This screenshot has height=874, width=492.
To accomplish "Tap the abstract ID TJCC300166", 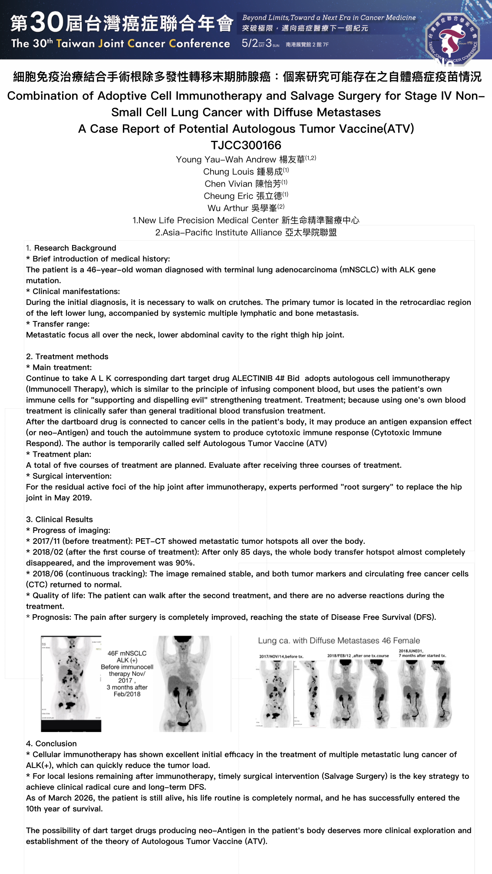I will [246, 145].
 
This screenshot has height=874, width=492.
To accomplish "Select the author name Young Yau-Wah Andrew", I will [226, 159].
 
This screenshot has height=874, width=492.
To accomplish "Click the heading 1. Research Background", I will [71, 248].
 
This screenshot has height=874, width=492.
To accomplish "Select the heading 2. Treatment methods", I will [67, 357].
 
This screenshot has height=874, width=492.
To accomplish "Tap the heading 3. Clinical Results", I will [59, 520].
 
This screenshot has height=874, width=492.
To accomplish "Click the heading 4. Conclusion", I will [51, 744].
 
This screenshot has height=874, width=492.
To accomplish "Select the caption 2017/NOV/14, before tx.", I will [281, 656].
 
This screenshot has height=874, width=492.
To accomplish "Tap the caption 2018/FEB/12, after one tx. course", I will [358, 656].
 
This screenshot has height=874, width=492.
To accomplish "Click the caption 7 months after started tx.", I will [422, 655].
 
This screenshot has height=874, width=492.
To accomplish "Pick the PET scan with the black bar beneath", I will [71, 683].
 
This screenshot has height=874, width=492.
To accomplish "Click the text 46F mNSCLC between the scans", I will [127, 653].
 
